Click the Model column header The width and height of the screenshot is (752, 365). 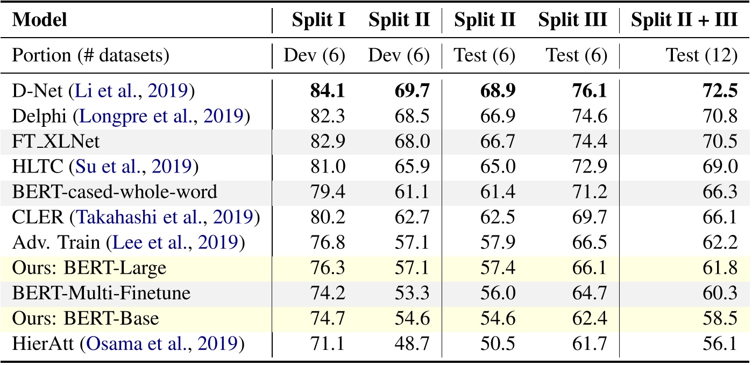pyautogui.click(x=40, y=20)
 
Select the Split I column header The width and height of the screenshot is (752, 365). pyautogui.click(x=318, y=20)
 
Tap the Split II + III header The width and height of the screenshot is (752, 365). pyautogui.click(x=684, y=20)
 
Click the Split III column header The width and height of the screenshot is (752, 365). pyautogui.click(x=573, y=20)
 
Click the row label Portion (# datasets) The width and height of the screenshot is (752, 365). pyautogui.click(x=90, y=55)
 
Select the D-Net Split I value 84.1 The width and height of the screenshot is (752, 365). pyautogui.click(x=328, y=91)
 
